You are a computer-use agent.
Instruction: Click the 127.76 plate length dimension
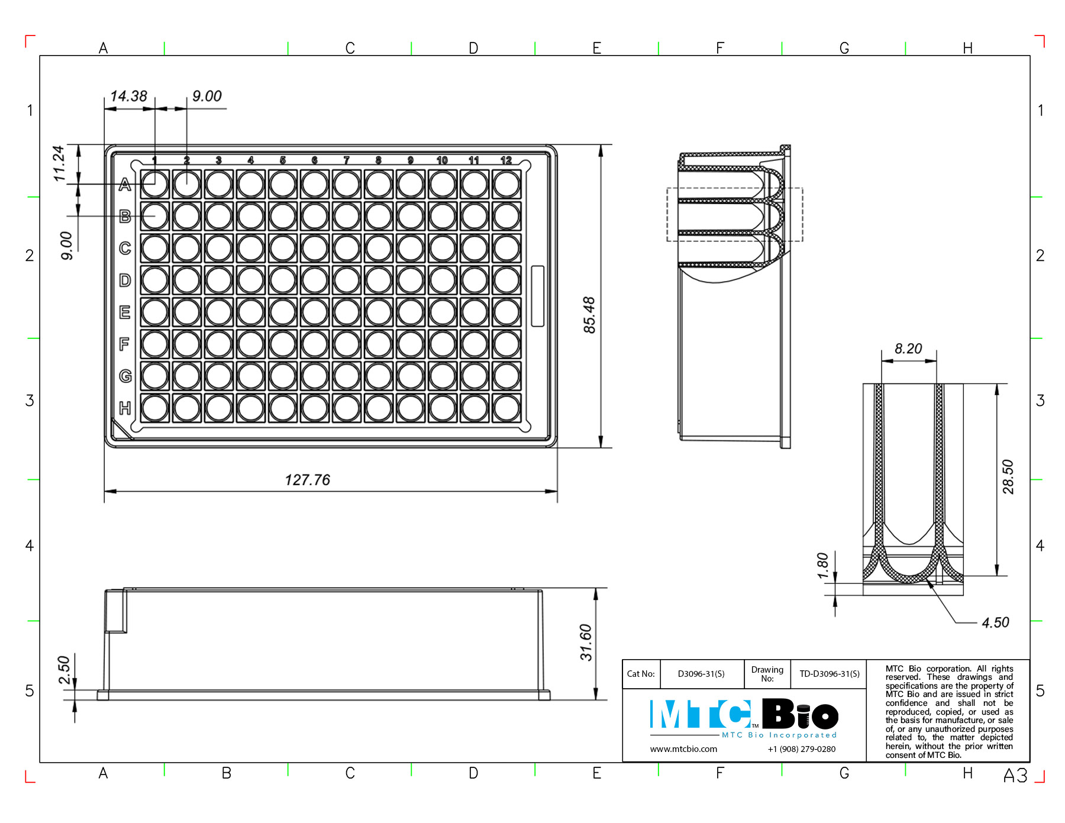[x=307, y=480]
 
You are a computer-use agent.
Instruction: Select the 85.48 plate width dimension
[x=589, y=315]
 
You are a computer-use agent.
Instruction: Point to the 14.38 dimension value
[x=128, y=96]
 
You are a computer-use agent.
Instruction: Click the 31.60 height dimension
[x=586, y=642]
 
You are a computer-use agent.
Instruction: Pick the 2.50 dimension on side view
[x=64, y=669]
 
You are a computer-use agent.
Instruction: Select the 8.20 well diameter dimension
[x=908, y=348]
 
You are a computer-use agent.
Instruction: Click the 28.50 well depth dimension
[x=1008, y=477]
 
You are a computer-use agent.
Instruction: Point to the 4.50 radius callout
[x=995, y=622]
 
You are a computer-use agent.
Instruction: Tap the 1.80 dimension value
[x=822, y=566]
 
